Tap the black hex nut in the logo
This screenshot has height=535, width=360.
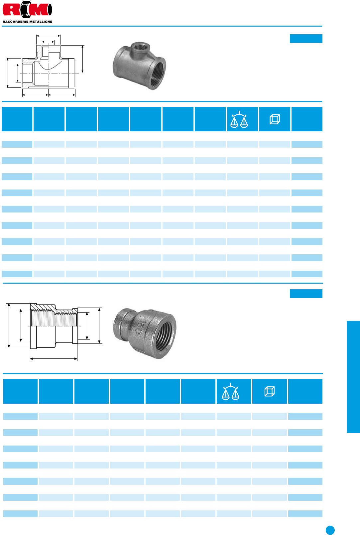click(x=27, y=9)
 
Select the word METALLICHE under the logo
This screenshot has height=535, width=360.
click(x=40, y=22)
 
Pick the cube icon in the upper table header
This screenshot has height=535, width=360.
click(x=275, y=119)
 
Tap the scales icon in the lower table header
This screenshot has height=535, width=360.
click(x=230, y=391)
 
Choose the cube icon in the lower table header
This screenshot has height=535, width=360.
click(x=270, y=391)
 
